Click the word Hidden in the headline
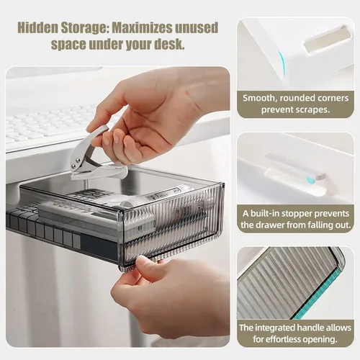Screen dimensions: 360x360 click(x=37, y=28)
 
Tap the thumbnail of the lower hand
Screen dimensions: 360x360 click(x=142, y=261)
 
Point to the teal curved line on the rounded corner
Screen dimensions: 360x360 click(x=282, y=63)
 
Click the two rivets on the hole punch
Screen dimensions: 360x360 click(x=77, y=163)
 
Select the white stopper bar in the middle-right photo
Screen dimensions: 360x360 click(x=294, y=166)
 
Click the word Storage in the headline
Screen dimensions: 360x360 click(x=83, y=29)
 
